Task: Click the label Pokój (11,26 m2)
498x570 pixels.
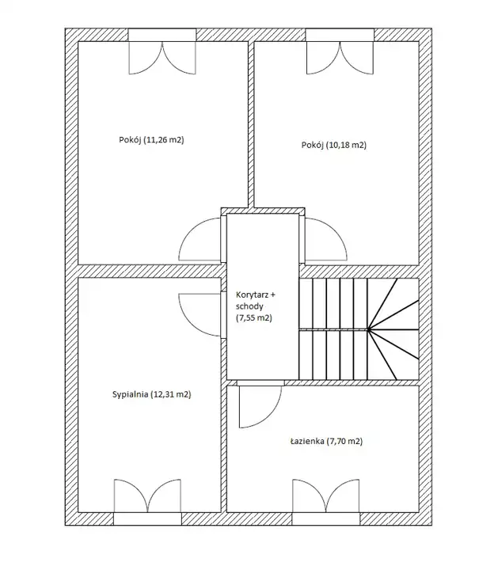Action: click(x=151, y=140)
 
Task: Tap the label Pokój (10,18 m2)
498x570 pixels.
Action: click(x=334, y=145)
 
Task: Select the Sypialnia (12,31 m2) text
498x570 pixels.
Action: click(x=151, y=394)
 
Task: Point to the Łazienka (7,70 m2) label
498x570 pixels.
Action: click(x=326, y=441)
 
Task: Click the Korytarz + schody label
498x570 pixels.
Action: click(x=256, y=301)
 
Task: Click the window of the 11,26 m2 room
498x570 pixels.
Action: click(x=162, y=36)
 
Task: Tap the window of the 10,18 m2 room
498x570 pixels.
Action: click(x=340, y=36)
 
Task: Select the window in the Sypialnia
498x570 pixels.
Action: click(x=147, y=519)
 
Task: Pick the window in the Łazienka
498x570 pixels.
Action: click(x=326, y=519)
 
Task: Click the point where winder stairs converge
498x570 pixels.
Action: click(x=368, y=329)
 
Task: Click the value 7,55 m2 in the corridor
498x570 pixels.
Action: click(x=253, y=317)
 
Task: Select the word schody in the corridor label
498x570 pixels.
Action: click(x=249, y=306)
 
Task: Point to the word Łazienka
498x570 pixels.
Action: click(x=307, y=441)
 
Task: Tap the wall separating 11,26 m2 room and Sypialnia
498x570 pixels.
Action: click(x=150, y=272)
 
